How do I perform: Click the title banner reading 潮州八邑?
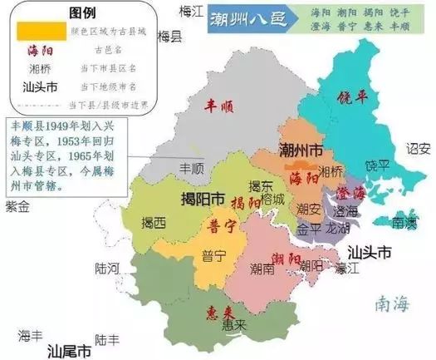pyautogui.click(x=243, y=17)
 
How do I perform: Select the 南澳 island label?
pyautogui.click(x=404, y=223)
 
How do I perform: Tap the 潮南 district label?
pyautogui.click(x=264, y=268)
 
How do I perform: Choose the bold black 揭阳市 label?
pyautogui.click(x=203, y=200)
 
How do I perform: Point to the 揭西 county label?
pyautogui.click(x=154, y=223)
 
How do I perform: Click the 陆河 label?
pyautogui.click(x=109, y=268)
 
